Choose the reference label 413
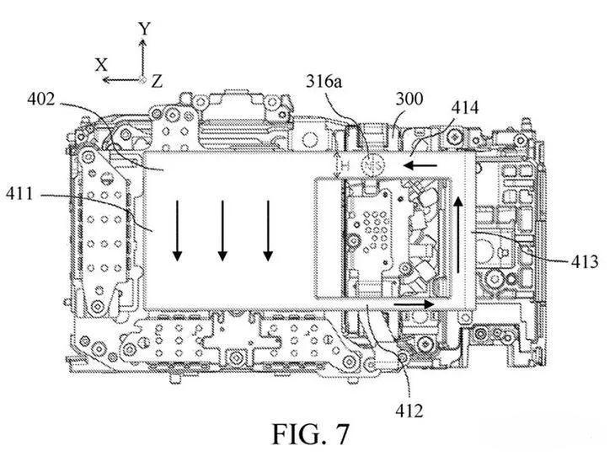coord(582,262)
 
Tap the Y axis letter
coord(144,28)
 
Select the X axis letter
coord(101,64)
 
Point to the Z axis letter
coord(158,80)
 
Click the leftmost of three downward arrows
coord(178,228)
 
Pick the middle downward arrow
coord(222,228)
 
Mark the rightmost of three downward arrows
coord(267,228)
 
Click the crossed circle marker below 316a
coord(370,164)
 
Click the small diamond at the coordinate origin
coord(144,79)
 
